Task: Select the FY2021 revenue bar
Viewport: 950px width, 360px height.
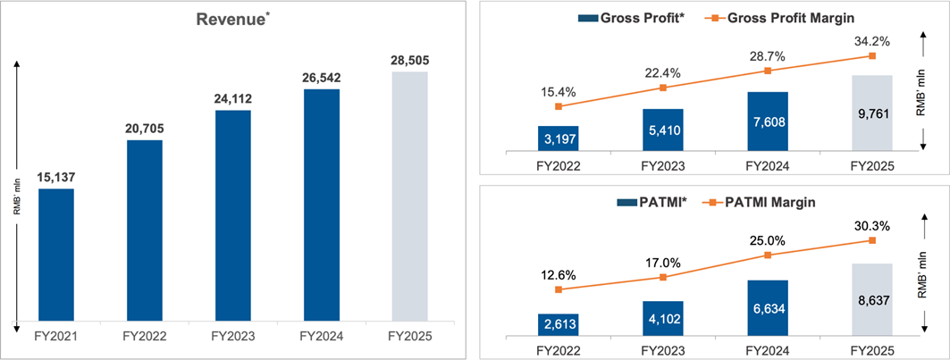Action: [x=56, y=254]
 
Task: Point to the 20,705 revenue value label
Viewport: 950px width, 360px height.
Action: [x=145, y=129]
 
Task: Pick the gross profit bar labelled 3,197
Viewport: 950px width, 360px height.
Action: [x=559, y=138]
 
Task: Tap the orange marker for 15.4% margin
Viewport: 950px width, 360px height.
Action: [x=559, y=106]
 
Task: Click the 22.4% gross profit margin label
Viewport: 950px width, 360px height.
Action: [x=663, y=72]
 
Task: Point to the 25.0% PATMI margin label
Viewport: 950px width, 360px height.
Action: [x=768, y=239]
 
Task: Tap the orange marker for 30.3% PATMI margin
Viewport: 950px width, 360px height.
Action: [x=872, y=240]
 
